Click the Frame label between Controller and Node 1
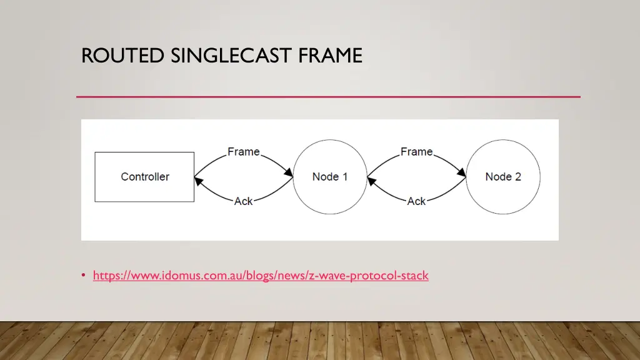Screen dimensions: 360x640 pyautogui.click(x=244, y=152)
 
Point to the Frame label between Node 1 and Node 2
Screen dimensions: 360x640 pyautogui.click(x=417, y=152)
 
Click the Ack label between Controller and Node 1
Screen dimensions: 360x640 pyautogui.click(x=244, y=201)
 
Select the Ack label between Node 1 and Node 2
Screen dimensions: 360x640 pyautogui.click(x=417, y=201)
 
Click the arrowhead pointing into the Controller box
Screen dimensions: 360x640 pyautogui.click(x=199, y=181)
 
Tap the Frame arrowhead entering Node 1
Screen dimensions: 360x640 pyautogui.click(x=288, y=172)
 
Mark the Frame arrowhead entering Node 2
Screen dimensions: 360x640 pyautogui.click(x=461, y=172)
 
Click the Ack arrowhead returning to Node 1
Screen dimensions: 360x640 pyautogui.click(x=372, y=181)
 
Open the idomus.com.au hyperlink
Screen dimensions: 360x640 pyautogui.click(x=261, y=276)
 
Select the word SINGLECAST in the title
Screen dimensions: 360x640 pyautogui.click(x=230, y=56)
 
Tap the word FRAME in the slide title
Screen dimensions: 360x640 pyautogui.click(x=331, y=56)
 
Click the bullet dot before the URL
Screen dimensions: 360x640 pyautogui.click(x=84, y=276)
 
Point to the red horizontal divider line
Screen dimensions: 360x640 pyautogui.click(x=328, y=97)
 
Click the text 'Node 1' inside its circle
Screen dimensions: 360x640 pyautogui.click(x=330, y=177)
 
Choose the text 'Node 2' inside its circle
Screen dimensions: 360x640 pyautogui.click(x=503, y=177)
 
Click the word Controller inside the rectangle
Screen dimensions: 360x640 pyautogui.click(x=145, y=177)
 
